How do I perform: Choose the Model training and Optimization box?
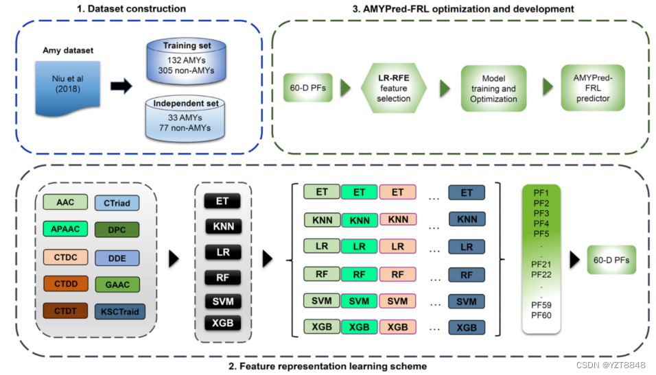click(x=493, y=89)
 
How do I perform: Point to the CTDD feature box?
click(x=66, y=282)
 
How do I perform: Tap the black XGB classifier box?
click(x=222, y=322)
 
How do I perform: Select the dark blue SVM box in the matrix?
click(x=467, y=301)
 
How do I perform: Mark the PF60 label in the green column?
click(x=541, y=315)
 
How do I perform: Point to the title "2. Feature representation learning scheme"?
click(x=327, y=366)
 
